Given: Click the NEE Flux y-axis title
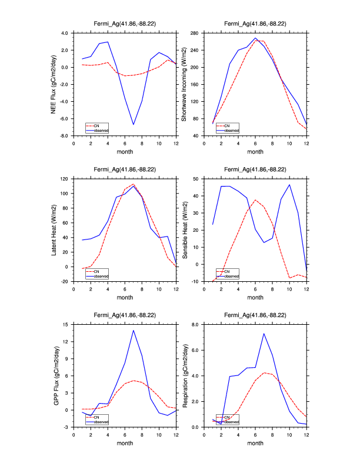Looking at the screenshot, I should point(54,84).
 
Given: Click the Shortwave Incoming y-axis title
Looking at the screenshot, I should point(184,84).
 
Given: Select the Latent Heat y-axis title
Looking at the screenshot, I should point(54,230).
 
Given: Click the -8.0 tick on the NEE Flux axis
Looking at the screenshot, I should point(64,136).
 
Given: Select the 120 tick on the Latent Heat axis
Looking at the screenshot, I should point(65,178).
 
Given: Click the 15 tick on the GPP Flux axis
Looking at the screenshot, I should point(66,324).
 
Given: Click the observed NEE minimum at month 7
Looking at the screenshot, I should point(134,124).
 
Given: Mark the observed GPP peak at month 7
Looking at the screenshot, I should point(134,330).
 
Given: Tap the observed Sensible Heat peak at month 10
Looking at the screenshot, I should point(289,185).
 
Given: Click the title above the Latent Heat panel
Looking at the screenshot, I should point(125,169).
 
